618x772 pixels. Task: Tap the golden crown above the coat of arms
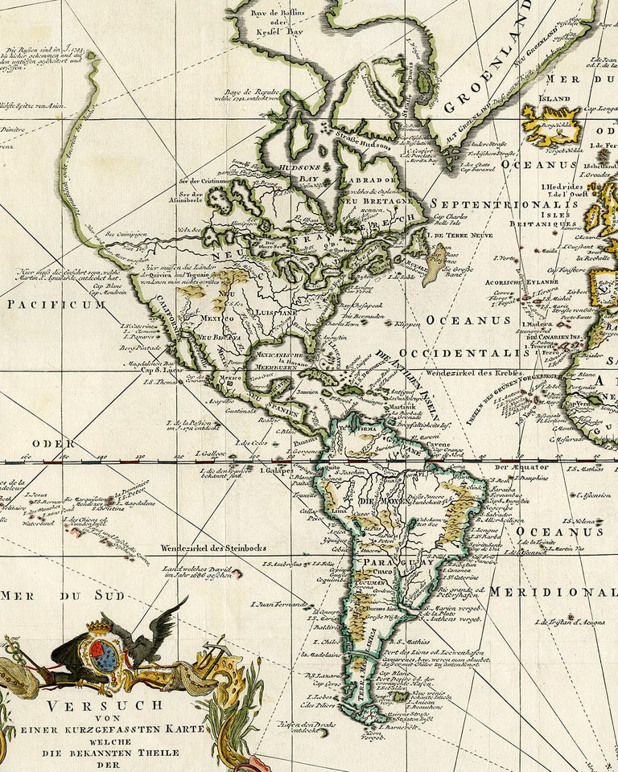[x=98, y=626]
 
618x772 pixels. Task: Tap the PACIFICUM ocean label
[x=56, y=305]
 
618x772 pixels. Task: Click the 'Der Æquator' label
[x=516, y=466]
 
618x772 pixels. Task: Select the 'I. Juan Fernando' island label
[x=279, y=603]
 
